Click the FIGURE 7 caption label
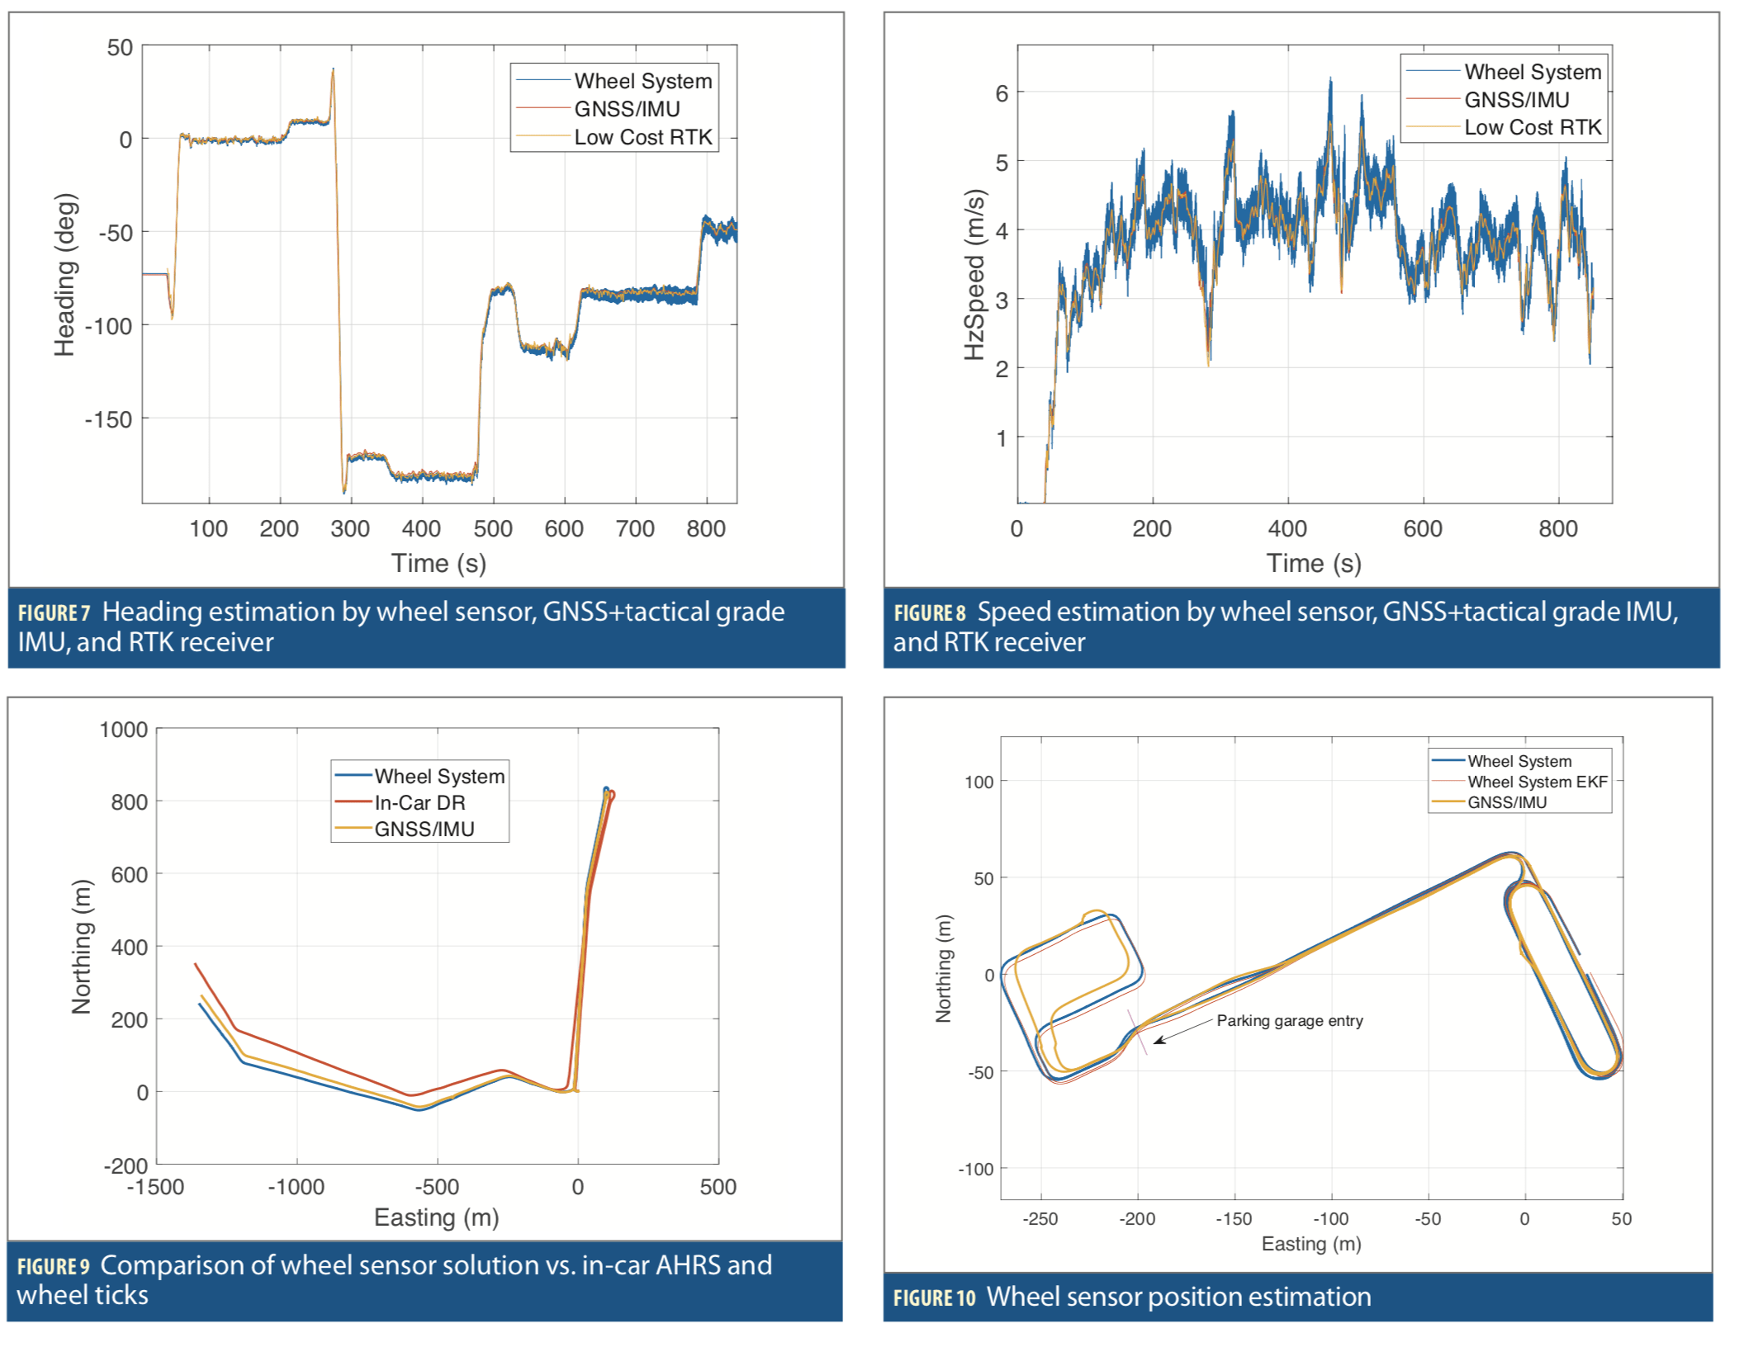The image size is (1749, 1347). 54,613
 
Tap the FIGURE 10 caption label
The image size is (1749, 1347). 934,1298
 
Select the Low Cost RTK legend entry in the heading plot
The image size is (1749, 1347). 642,137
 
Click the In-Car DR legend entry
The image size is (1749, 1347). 419,802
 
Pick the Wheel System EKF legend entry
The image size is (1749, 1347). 1537,782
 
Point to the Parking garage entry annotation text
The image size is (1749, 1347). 1289,1021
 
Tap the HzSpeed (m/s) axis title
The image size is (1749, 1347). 974,275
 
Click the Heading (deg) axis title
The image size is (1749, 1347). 64,275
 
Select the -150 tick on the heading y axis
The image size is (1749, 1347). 108,420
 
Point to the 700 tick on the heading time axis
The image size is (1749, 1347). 634,529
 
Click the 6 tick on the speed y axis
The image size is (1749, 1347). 1001,93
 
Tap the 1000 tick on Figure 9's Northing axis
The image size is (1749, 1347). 123,730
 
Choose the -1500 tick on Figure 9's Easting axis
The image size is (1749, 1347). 155,1188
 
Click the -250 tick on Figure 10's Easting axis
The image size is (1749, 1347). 1040,1219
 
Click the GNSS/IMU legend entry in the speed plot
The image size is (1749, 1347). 1516,100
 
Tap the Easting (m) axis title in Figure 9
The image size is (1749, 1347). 436,1217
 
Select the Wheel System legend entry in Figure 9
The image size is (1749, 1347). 438,777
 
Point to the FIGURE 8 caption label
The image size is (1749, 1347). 929,613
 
